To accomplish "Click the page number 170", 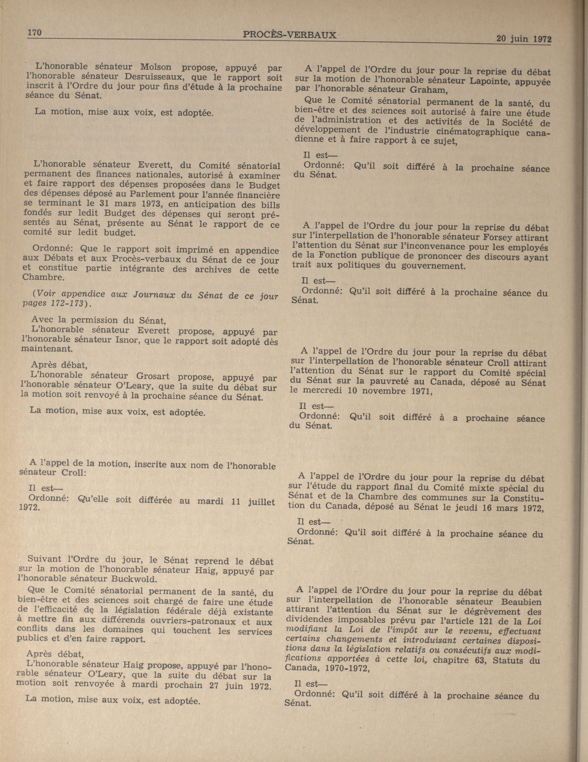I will point(35,33).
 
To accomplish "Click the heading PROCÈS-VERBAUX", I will point(290,35).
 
